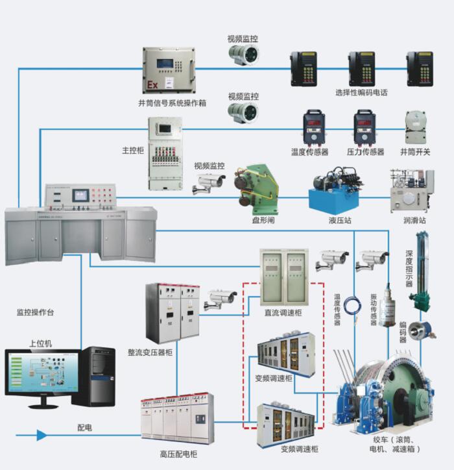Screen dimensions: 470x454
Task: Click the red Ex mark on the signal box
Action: pos(152,85)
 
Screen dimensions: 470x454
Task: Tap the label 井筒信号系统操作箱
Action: pos(172,103)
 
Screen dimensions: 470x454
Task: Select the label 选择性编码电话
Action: pos(361,92)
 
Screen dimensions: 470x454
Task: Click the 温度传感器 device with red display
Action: pos(315,126)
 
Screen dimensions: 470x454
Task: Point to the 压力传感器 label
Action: pos(365,152)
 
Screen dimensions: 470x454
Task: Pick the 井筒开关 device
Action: pos(415,126)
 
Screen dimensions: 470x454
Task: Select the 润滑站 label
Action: pos(414,221)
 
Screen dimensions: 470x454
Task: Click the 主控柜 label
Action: pos(132,150)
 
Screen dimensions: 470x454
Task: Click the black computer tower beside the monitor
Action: pos(95,375)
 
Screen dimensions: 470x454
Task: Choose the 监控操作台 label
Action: pos(36,312)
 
